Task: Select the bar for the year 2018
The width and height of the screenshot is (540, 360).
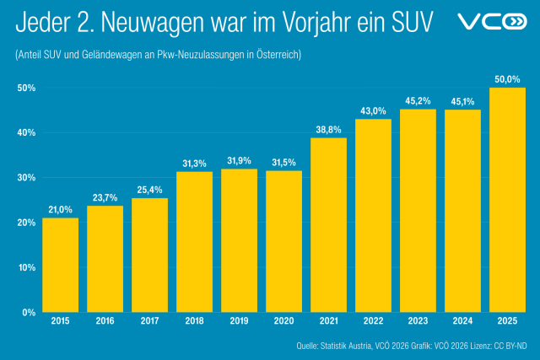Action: click(x=195, y=242)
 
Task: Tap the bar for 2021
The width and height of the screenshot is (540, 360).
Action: click(x=328, y=225)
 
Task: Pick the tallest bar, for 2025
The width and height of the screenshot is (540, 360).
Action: click(x=507, y=200)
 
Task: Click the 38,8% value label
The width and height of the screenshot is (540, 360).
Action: click(x=328, y=130)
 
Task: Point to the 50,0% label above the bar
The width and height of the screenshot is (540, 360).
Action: click(x=507, y=79)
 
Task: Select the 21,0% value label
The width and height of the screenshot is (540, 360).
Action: click(x=61, y=210)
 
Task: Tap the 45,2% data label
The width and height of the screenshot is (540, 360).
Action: click(x=418, y=101)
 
